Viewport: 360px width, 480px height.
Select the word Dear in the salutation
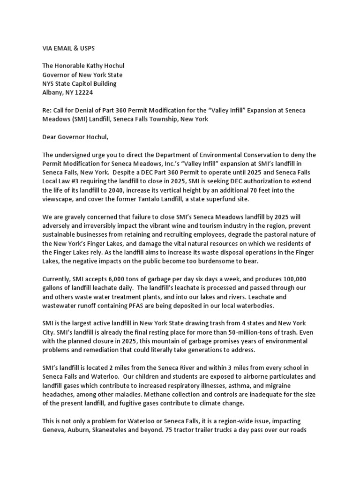pos(51,137)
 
